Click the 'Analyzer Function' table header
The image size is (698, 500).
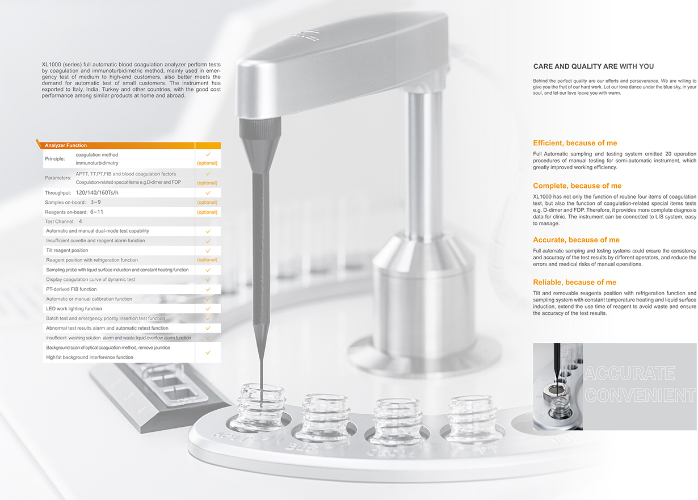pyautogui.click(x=66, y=145)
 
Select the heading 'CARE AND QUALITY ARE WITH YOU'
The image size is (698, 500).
pyautogui.click(x=594, y=66)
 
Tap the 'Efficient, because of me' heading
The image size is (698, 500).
pyautogui.click(x=575, y=143)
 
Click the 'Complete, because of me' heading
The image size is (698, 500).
pyautogui.click(x=577, y=186)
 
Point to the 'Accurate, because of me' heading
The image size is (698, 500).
pyautogui.click(x=576, y=240)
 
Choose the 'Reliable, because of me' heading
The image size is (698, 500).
pyautogui.click(x=575, y=283)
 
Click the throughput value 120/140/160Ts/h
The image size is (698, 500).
pyautogui.click(x=97, y=192)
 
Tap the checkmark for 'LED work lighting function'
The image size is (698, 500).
pyautogui.click(x=208, y=309)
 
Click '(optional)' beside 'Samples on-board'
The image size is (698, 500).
pyautogui.click(x=207, y=202)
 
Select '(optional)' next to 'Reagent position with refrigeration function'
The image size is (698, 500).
pyautogui.click(x=207, y=260)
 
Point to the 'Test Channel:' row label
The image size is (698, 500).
pyautogui.click(x=60, y=222)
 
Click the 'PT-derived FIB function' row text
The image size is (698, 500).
pyautogui.click(x=72, y=289)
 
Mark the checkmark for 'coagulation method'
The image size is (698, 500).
pyautogui.click(x=208, y=154)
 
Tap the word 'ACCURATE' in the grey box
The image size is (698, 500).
pyautogui.click(x=630, y=373)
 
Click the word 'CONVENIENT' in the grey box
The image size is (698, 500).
pyautogui.click(x=640, y=395)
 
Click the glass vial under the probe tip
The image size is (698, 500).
pyautogui.click(x=261, y=407)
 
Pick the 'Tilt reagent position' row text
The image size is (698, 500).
pyautogui.click(x=67, y=250)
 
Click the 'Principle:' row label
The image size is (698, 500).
pyautogui.click(x=55, y=159)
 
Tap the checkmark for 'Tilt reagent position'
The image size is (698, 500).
pyautogui.click(x=208, y=251)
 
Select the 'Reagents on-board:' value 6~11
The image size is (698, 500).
pyautogui.click(x=96, y=212)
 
